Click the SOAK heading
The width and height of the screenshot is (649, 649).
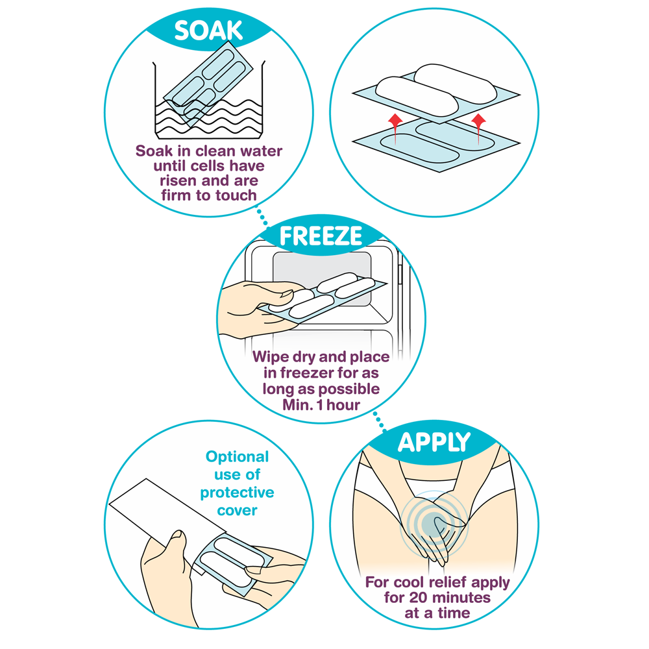tap(208, 31)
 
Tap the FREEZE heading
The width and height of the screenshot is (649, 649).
tap(321, 236)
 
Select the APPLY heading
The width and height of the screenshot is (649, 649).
tap(434, 443)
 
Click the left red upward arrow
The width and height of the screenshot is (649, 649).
tap(395, 129)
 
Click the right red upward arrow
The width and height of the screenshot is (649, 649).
tap(478, 129)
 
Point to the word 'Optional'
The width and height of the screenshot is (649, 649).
tap(237, 457)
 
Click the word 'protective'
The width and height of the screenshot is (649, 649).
tap(237, 493)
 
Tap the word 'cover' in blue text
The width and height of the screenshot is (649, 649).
tap(237, 510)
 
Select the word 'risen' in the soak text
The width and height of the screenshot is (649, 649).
tap(178, 181)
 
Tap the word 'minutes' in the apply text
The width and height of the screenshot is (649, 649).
tap(461, 598)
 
